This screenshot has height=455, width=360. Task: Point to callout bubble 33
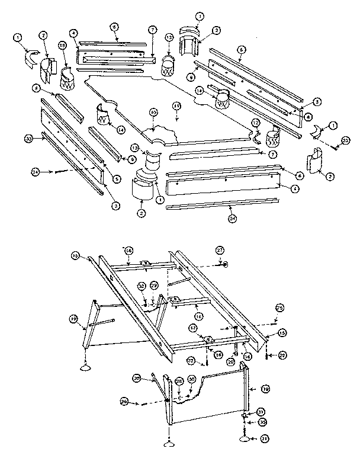pyautogui.click(x=28, y=139)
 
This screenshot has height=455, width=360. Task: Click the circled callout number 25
pyautogui.click(x=279, y=307)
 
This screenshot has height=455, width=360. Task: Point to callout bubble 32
pyautogui.click(x=142, y=286)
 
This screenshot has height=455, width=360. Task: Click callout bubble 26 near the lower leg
pyautogui.click(x=136, y=377)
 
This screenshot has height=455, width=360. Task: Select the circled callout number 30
pyautogui.click(x=191, y=380)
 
